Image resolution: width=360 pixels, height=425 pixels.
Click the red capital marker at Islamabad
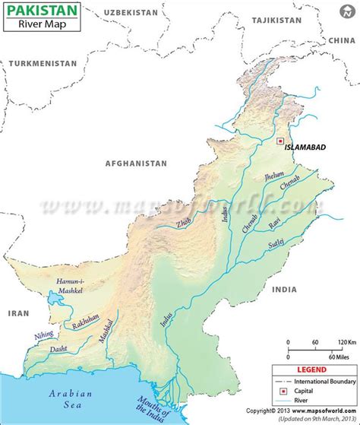[279, 141]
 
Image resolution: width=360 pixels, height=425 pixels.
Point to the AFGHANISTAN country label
[136, 163]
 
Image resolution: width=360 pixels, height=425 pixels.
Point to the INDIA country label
[285, 289]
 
